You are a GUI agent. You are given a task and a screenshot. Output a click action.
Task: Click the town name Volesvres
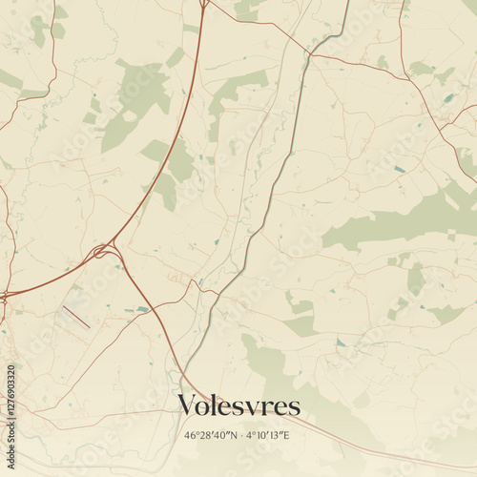point(238,405)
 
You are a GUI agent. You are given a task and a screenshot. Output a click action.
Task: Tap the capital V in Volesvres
point(188,405)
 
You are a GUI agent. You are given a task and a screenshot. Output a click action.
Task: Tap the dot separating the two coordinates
point(243,435)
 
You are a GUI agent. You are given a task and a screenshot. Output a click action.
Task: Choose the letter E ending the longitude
point(289,435)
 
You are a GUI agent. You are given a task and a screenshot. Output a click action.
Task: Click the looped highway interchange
point(104,252)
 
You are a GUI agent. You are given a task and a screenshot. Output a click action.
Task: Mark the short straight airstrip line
point(76,318)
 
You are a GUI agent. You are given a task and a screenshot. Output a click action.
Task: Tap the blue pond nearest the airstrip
point(143,309)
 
